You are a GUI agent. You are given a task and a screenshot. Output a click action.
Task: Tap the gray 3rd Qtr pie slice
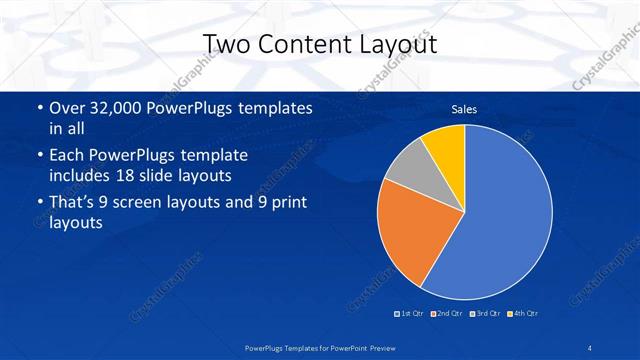[x=408, y=168]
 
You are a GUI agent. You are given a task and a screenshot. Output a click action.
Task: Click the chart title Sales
[x=464, y=108]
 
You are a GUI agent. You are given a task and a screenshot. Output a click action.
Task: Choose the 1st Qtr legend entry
[x=408, y=315]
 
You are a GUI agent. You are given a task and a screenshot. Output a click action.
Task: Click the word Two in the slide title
[x=225, y=44]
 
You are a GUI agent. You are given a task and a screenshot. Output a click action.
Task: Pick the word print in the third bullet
[x=276, y=205]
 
